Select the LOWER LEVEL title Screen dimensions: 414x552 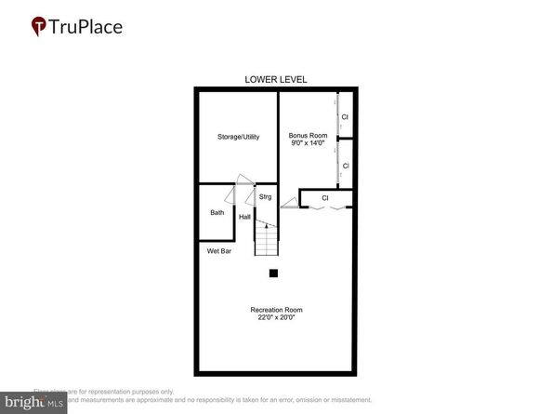[276, 79]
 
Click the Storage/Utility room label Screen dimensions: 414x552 [238, 137]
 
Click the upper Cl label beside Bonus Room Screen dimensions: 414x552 [345, 116]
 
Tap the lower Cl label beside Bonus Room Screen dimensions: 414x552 [345, 166]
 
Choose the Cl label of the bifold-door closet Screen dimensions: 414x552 [325, 197]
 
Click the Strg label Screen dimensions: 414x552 [265, 197]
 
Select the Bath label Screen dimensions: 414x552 [217, 213]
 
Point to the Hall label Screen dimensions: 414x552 [244, 217]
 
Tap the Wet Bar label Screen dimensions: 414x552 [218, 251]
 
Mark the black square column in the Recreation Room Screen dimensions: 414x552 [274, 274]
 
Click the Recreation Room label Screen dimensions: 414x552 [276, 310]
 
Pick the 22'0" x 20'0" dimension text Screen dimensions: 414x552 [276, 318]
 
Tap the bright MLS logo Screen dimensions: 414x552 [33, 403]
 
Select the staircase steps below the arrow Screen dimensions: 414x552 [267, 244]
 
